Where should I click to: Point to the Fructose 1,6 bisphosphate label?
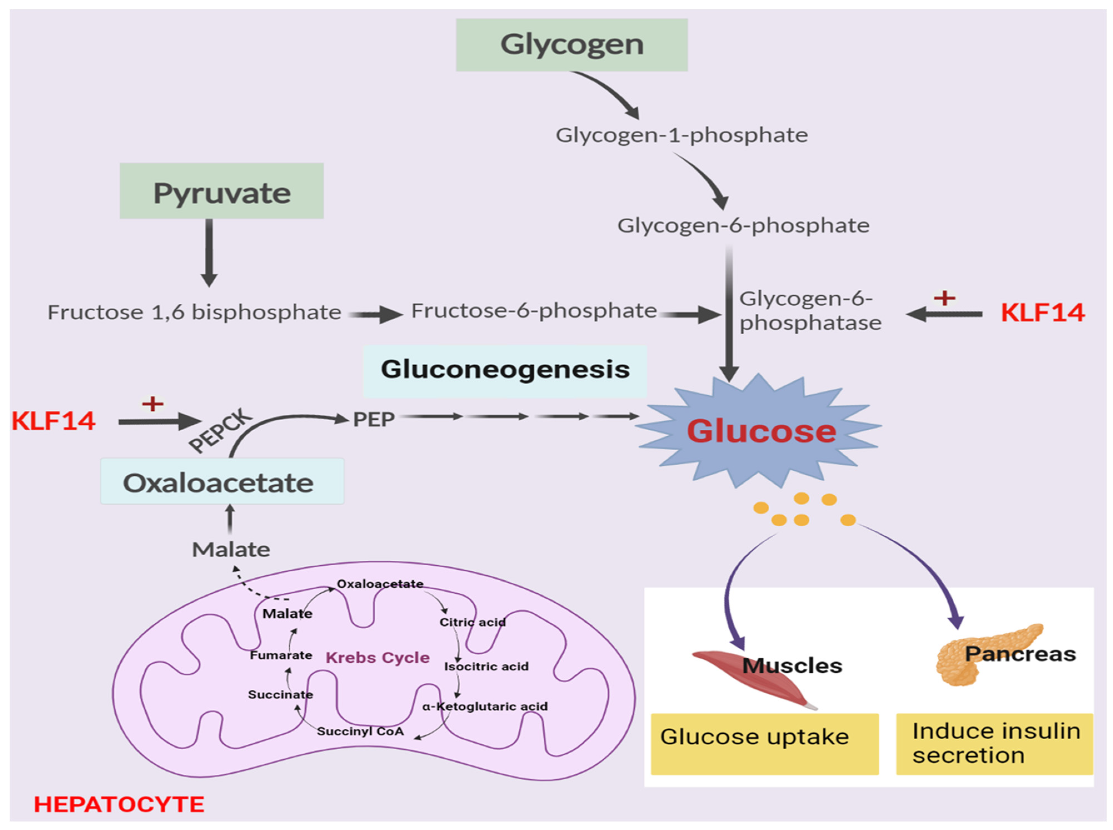coord(194,313)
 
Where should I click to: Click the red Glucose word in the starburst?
coord(761,431)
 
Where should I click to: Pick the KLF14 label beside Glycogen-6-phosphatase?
coord(1042,313)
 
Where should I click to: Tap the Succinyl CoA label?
coord(360,731)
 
